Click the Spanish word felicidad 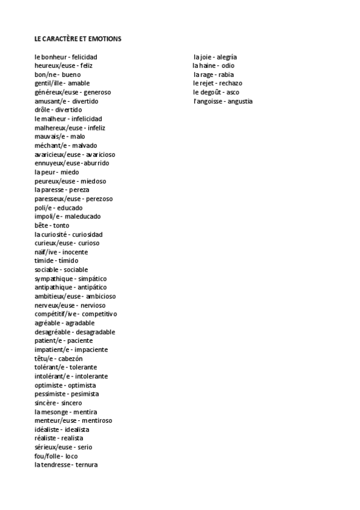coord(84,57)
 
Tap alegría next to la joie coord(226,57)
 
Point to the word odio coord(228,66)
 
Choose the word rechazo coord(231,83)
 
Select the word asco coord(233,92)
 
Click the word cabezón coord(70,358)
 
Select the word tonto coord(61,226)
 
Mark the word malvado coord(84,146)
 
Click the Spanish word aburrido coord(96,163)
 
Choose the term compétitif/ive coord(56,314)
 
